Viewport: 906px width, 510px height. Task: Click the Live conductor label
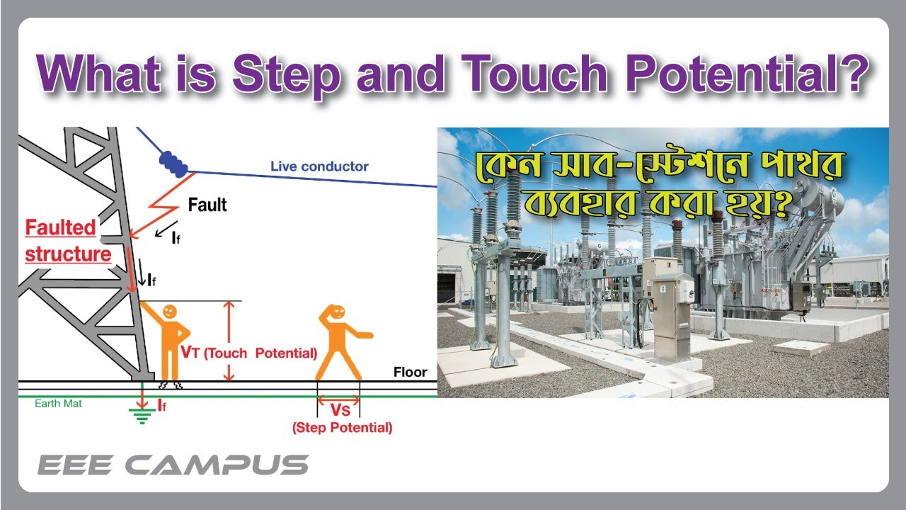(x=319, y=166)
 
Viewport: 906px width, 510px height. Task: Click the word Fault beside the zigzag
(x=207, y=205)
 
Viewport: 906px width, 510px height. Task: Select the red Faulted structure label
(x=68, y=241)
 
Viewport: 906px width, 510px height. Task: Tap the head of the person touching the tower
(x=169, y=311)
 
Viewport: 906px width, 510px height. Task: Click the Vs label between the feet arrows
(x=338, y=409)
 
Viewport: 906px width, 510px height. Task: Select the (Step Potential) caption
(x=342, y=427)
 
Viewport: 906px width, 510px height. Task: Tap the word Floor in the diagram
(x=410, y=372)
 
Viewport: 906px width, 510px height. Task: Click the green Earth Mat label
(x=58, y=404)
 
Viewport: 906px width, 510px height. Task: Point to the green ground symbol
(x=142, y=417)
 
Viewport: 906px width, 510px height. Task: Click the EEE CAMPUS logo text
(x=173, y=465)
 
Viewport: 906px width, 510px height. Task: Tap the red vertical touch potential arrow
(x=228, y=341)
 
